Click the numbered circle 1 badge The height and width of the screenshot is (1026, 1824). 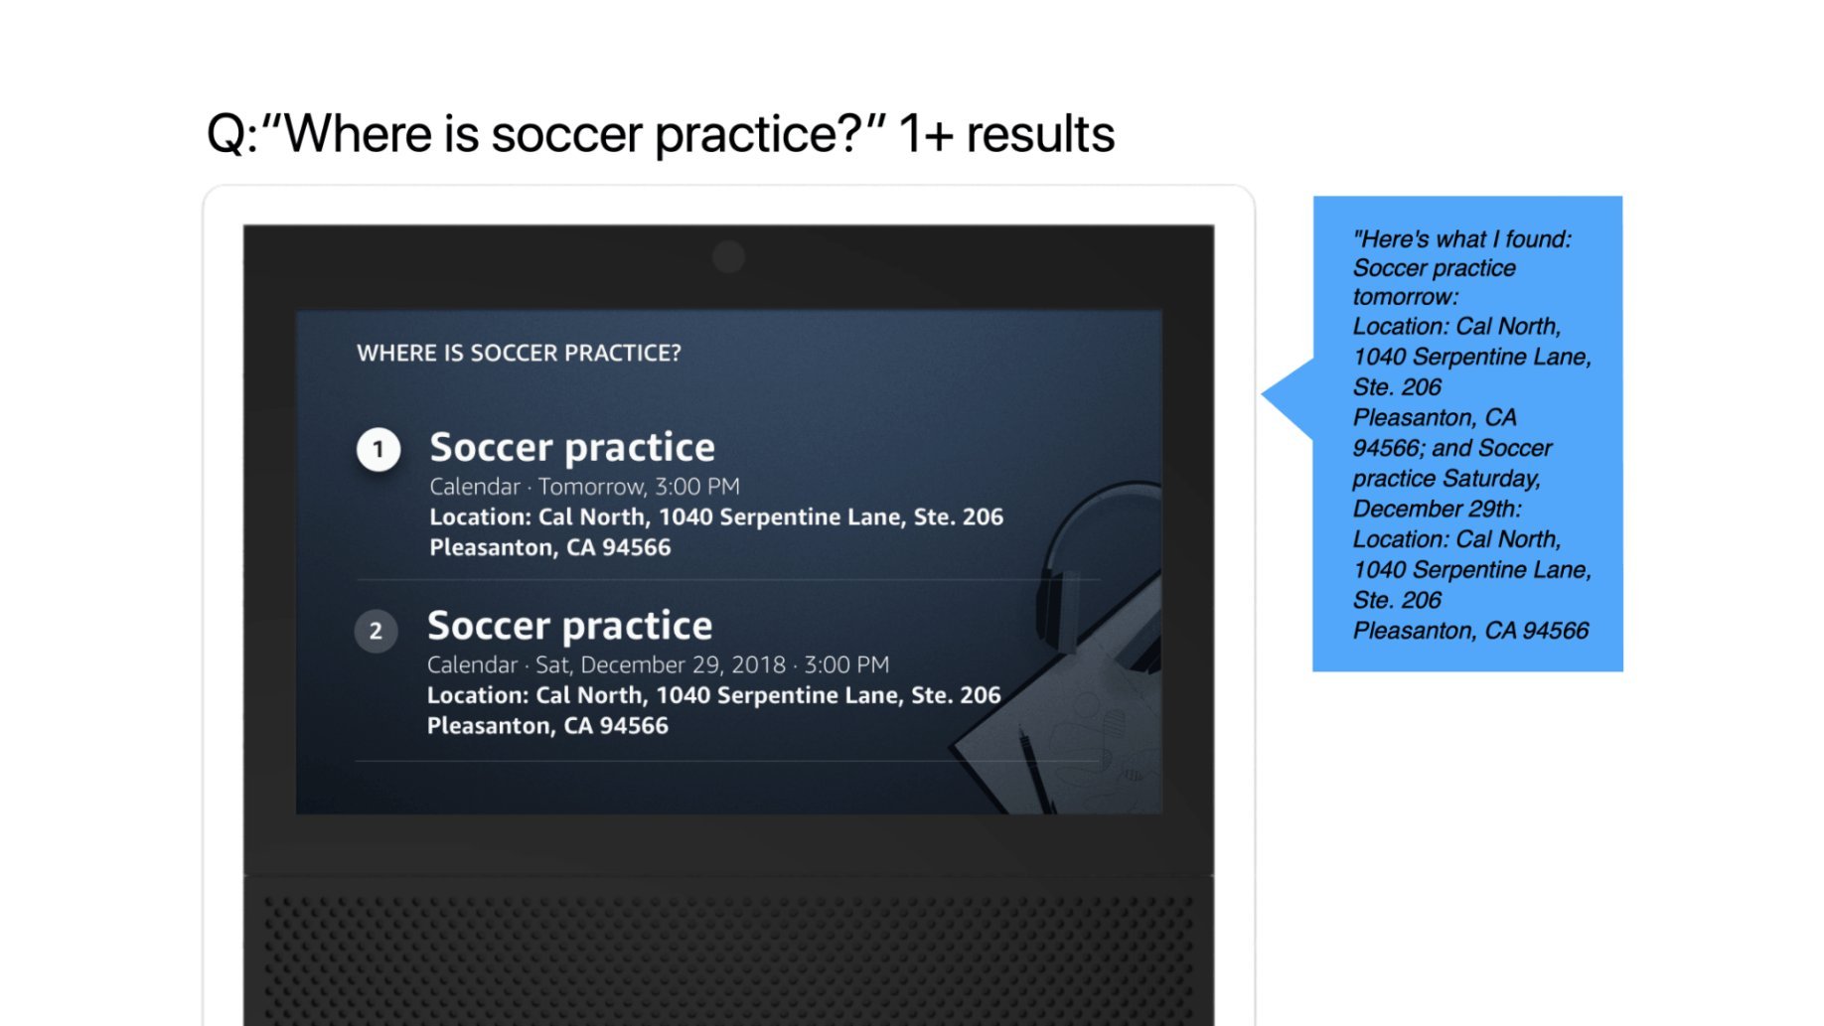pyautogui.click(x=378, y=449)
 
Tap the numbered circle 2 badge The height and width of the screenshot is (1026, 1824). pyautogui.click(x=376, y=631)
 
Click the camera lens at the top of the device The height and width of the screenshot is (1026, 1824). pyautogui.click(x=728, y=257)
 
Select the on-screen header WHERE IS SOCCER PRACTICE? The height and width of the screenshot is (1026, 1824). pyautogui.click(x=519, y=354)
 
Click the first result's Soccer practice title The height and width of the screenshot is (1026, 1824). pyautogui.click(x=571, y=447)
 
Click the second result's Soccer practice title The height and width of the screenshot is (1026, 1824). pyautogui.click(x=569, y=626)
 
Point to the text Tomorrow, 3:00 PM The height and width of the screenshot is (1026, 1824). pyautogui.click(x=639, y=487)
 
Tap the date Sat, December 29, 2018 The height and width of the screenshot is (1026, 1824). pyautogui.click(x=660, y=664)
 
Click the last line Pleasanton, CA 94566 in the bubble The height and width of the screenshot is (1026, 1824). pyautogui.click(x=1470, y=631)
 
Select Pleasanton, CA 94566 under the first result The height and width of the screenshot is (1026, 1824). pyautogui.click(x=549, y=548)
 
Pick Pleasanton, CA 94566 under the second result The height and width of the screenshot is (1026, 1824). pyautogui.click(x=547, y=726)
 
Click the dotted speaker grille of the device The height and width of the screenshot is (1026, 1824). pyautogui.click(x=728, y=953)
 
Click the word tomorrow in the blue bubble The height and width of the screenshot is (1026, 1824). pyautogui.click(x=1404, y=297)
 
